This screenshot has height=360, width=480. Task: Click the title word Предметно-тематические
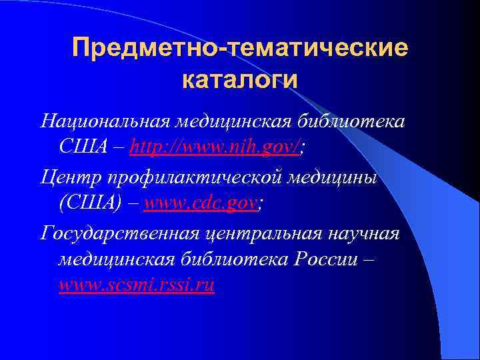tap(239, 48)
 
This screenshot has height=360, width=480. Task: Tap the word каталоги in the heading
tap(239, 80)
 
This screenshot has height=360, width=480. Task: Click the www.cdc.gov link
tap(200, 203)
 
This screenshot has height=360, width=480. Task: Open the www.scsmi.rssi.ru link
tap(137, 285)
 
